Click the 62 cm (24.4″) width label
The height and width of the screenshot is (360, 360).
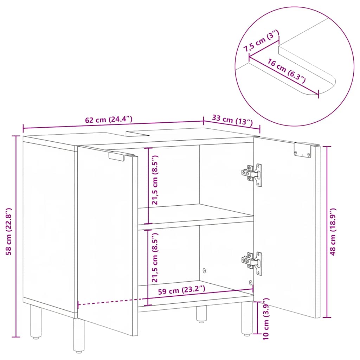tap(109, 119)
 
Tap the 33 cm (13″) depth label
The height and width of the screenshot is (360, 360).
tap(233, 120)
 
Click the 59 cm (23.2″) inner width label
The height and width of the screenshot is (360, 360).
tap(181, 290)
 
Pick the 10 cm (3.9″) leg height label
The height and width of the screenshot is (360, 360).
tap(266, 318)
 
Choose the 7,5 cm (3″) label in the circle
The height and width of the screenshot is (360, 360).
tap(262, 42)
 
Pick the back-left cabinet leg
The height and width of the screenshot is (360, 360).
tap(36, 322)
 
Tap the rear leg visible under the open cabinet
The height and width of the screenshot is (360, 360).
tap(201, 314)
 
